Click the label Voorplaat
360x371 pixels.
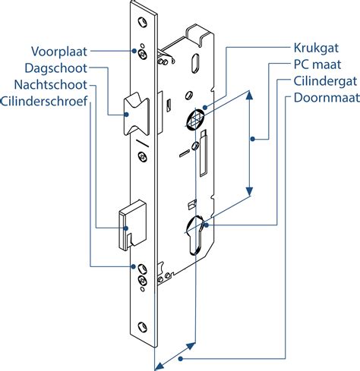[59, 52]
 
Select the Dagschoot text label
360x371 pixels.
[56, 68]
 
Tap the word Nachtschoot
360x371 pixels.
[51, 85]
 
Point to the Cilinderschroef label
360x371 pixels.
[44, 101]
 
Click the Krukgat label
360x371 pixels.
[316, 48]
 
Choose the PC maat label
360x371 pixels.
[317, 64]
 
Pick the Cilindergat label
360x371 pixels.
[325, 81]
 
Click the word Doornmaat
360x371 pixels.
[327, 98]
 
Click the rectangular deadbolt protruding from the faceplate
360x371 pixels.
[132, 225]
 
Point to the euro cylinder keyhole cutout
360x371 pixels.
[195, 234]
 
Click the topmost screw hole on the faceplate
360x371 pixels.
[143, 22]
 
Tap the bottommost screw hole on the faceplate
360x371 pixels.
[143, 327]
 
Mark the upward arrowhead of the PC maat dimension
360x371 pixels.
[249, 96]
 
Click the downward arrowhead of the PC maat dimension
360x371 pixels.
[249, 191]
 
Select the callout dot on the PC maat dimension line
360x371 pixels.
[253, 139]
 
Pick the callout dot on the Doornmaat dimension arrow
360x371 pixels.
[180, 358]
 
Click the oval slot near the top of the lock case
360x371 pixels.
[195, 63]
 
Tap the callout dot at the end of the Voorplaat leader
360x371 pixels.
[134, 51]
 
